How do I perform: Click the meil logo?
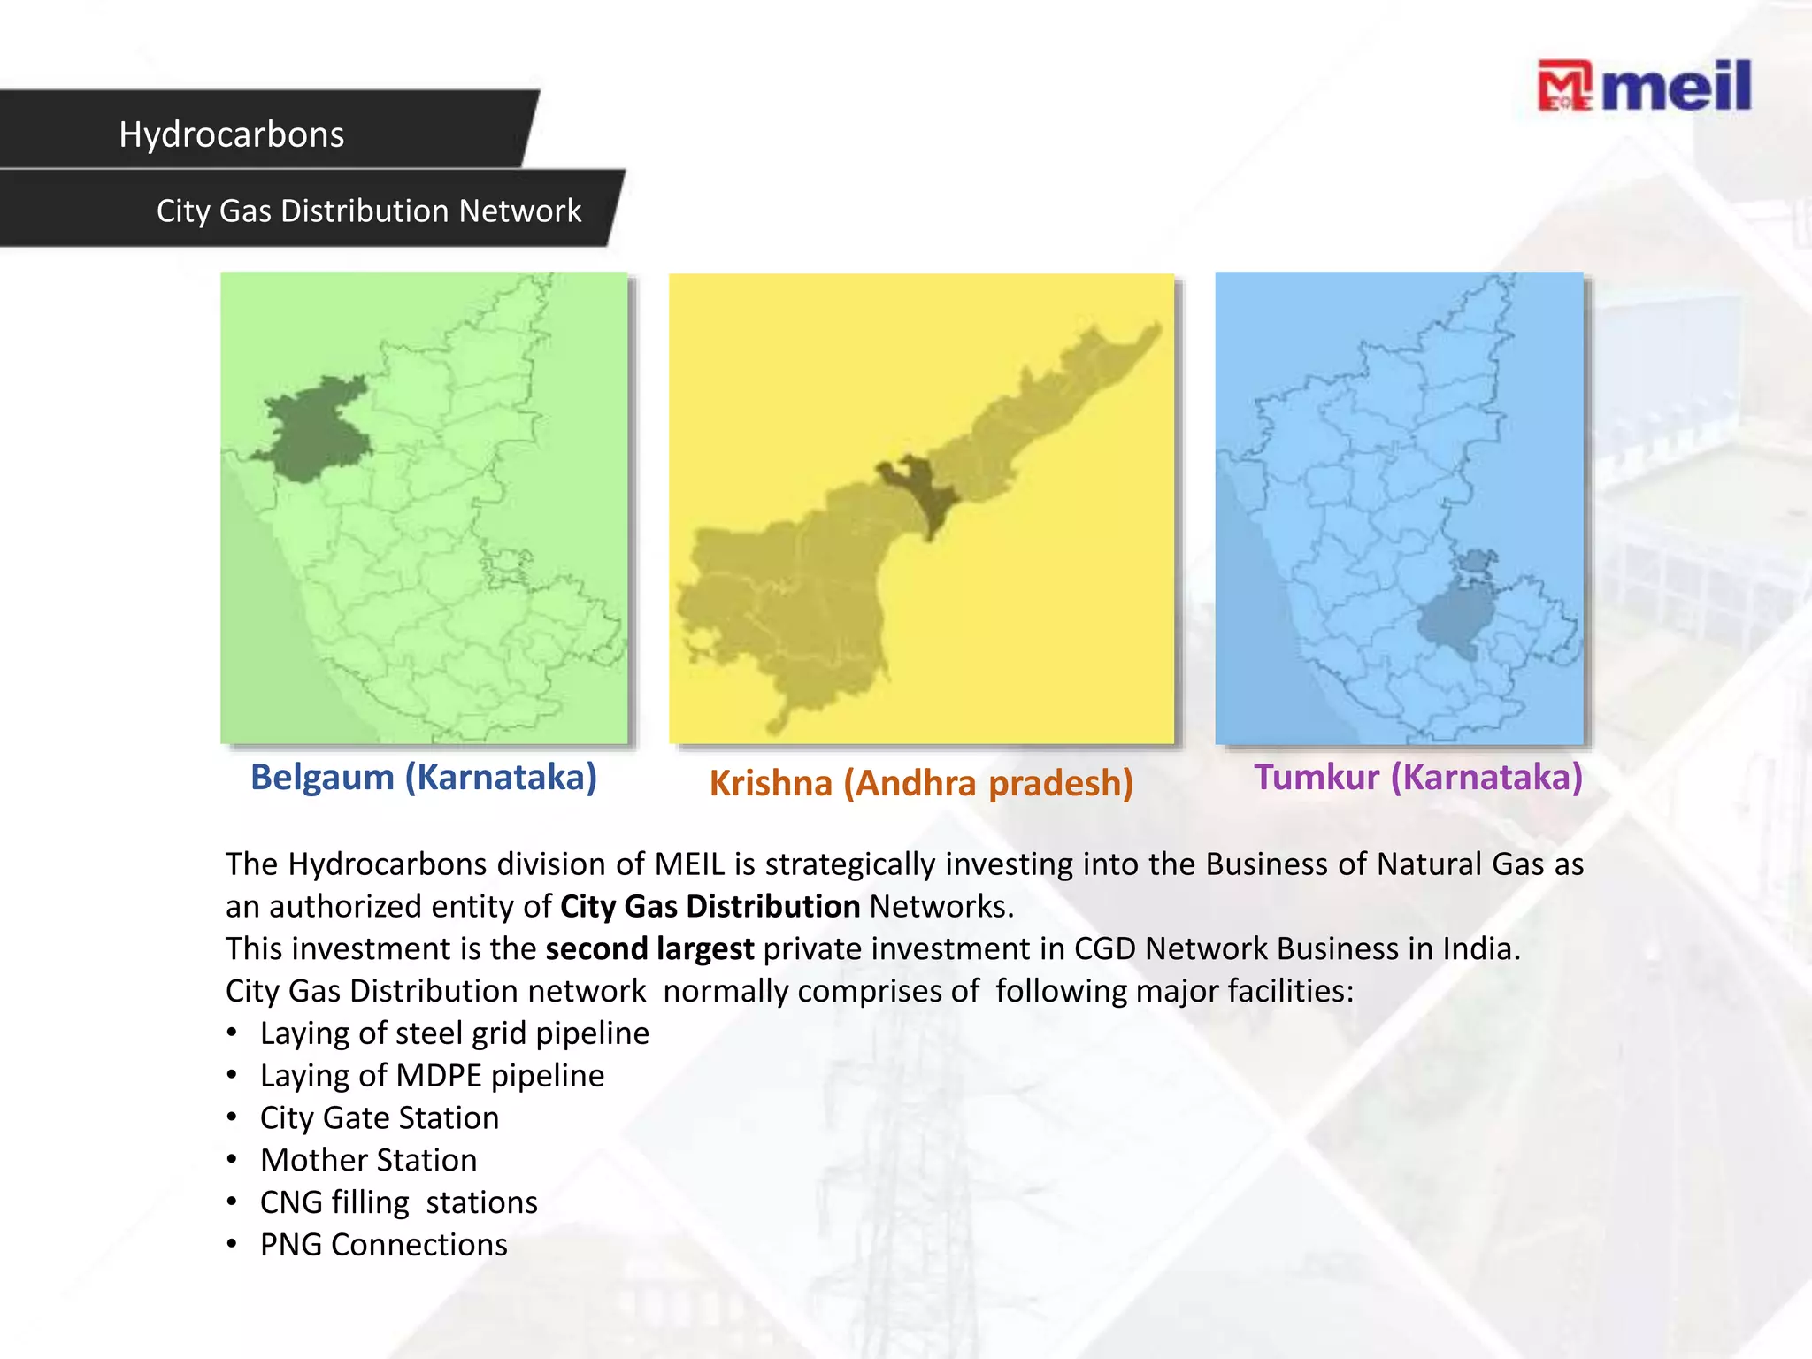[1644, 87]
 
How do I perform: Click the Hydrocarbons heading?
[232, 134]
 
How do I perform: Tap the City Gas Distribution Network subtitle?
[369, 211]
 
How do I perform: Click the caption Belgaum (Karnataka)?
[424, 777]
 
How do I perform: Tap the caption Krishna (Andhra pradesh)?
[921, 783]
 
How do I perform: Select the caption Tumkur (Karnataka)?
[1417, 777]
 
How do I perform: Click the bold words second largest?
[649, 948]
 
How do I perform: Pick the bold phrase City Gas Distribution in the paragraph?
[710, 906]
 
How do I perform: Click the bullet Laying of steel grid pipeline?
[454, 1033]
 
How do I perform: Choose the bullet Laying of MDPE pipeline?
[432, 1075]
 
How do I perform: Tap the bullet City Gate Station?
[379, 1117]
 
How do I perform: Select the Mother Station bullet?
[368, 1160]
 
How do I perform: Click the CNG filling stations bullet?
[398, 1202]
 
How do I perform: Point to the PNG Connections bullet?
[383, 1245]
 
